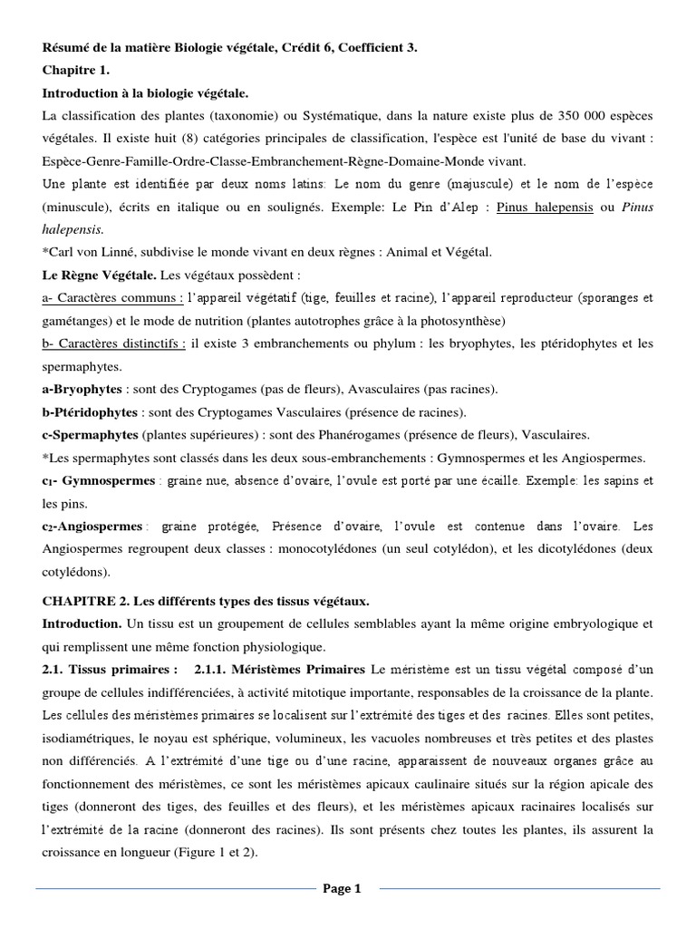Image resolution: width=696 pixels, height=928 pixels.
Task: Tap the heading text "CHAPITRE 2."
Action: tap(82, 601)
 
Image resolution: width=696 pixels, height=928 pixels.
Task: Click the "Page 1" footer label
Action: tap(343, 889)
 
